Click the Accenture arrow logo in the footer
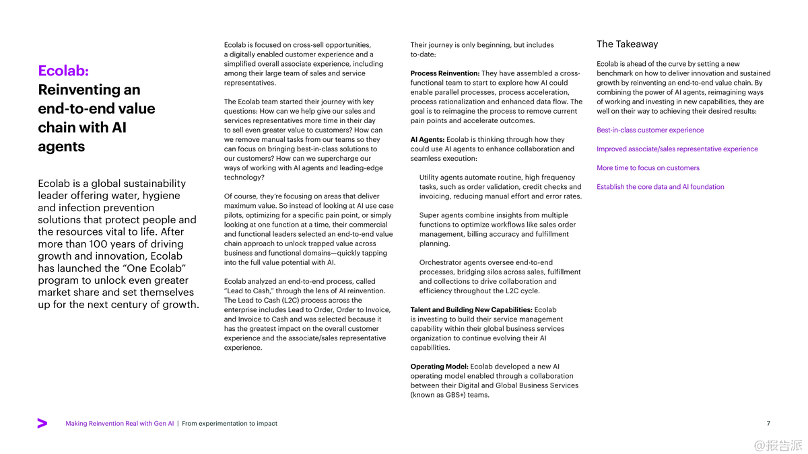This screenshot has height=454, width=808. pos(42,423)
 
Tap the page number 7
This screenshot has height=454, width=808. pos(768,424)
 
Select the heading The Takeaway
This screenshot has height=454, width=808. pos(627,44)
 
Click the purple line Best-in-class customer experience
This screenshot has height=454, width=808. pos(650,130)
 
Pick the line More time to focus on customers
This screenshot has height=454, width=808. pos(648,168)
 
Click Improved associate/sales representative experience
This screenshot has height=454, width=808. pos(677,149)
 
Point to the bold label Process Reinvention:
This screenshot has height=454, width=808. pos(445,73)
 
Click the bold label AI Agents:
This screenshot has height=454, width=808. pos(428,140)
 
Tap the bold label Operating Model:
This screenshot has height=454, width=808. pos(439,367)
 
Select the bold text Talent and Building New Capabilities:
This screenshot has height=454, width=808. pos(471,310)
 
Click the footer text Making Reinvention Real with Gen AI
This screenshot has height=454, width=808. pos(120,424)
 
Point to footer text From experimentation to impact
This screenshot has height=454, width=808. pos(230,424)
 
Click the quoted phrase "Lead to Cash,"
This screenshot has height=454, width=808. pos(248,291)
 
